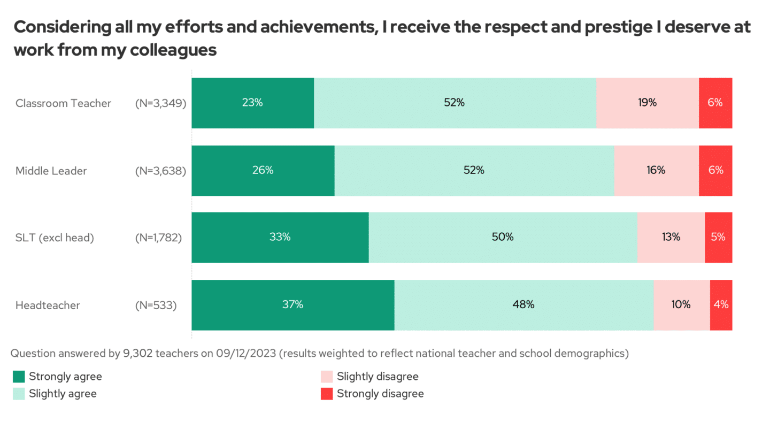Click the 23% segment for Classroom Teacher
252,103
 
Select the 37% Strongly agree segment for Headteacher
292,305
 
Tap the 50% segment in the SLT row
503,237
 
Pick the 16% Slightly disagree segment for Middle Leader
656,170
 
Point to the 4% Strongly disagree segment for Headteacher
721,305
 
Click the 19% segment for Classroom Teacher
647,103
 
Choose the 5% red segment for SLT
718,237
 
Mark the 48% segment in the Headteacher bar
523,305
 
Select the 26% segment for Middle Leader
263,170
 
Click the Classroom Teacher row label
63,103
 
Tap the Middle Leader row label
51,171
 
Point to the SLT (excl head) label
55,238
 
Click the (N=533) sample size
156,305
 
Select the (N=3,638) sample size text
160,171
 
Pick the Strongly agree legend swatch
19,376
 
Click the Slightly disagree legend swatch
327,376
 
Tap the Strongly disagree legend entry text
380,394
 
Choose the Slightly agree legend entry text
63,394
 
